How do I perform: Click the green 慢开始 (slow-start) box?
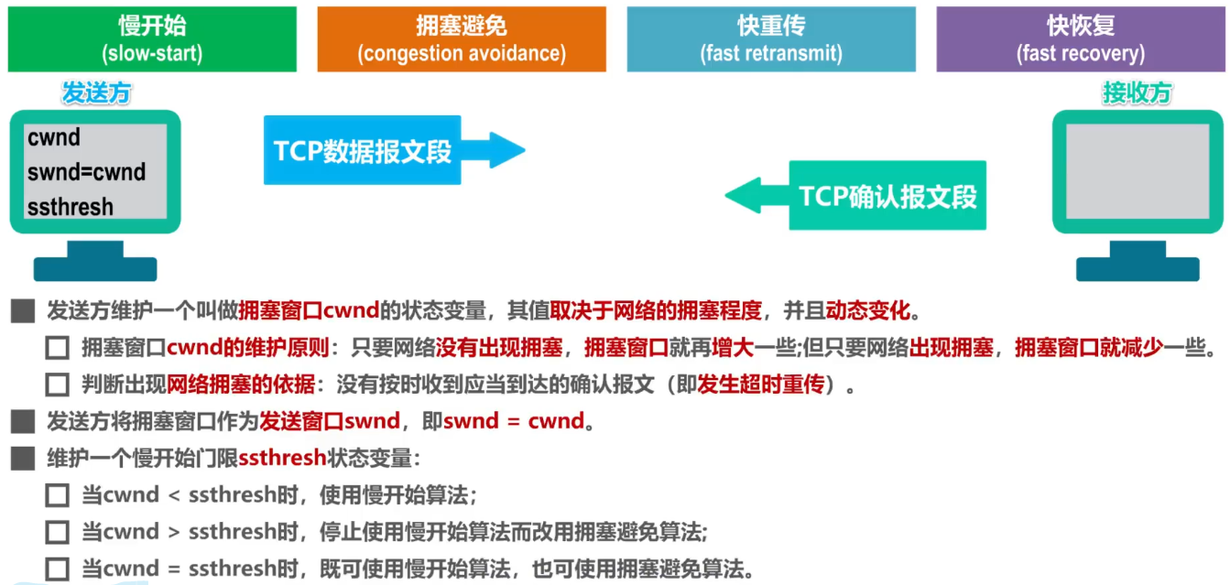pos(152,39)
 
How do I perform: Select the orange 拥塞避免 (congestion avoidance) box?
pos(462,39)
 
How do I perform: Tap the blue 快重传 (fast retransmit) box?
pos(771,39)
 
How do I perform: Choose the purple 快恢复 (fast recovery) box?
pos(1081,39)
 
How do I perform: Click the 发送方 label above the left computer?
pos(96,93)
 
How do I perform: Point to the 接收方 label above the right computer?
pos(1137,93)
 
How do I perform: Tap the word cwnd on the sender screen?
pos(54,138)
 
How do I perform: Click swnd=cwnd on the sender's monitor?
pos(86,172)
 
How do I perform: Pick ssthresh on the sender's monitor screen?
pos(71,207)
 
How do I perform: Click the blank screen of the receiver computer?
pos(1137,170)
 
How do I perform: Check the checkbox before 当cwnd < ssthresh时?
pos(58,496)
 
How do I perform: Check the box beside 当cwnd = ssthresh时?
pos(58,569)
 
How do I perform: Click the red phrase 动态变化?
pos(868,311)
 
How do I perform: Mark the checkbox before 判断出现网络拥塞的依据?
pos(58,385)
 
